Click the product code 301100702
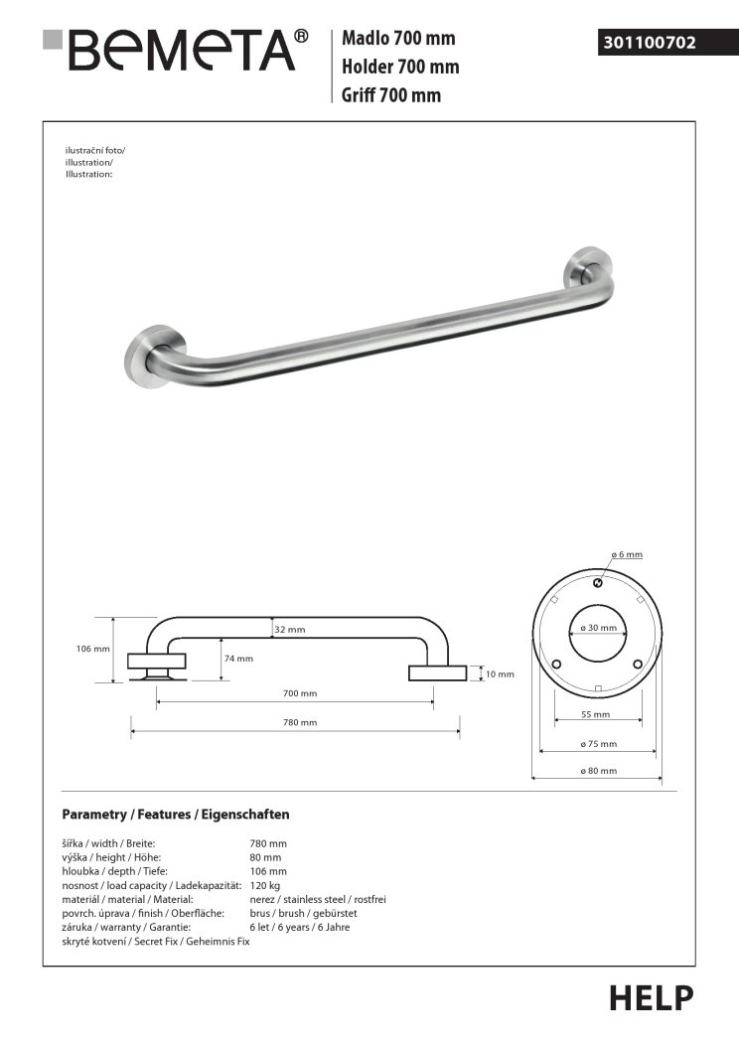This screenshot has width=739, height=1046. [x=649, y=43]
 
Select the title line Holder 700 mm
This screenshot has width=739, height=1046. [x=399, y=68]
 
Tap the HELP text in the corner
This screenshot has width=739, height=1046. [x=651, y=997]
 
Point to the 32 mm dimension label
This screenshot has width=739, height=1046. [x=290, y=630]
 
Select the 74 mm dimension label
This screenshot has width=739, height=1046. [x=238, y=658]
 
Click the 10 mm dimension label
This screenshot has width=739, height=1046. [x=500, y=674]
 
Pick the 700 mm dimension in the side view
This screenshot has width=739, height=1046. [x=301, y=693]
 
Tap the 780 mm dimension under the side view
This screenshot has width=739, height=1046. [x=301, y=723]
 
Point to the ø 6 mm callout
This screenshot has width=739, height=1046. [x=627, y=553]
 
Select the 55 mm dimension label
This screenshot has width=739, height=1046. [x=596, y=714]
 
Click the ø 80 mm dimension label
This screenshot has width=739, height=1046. [x=598, y=771]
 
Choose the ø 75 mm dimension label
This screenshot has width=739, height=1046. [x=598, y=743]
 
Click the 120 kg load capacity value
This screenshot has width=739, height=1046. [x=265, y=885]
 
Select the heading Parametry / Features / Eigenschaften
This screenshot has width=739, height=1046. [x=175, y=815]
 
